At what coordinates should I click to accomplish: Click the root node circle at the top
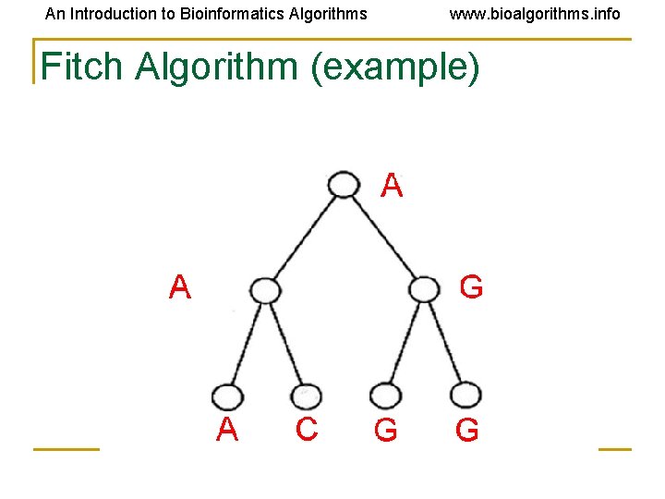pyautogui.click(x=344, y=185)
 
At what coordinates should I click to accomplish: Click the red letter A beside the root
pyautogui.click(x=393, y=186)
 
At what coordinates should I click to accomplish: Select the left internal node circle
pyautogui.click(x=265, y=291)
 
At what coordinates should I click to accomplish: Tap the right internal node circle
pyautogui.click(x=423, y=290)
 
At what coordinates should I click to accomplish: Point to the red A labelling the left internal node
pyautogui.click(x=180, y=288)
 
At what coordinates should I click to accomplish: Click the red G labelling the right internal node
pyautogui.click(x=471, y=288)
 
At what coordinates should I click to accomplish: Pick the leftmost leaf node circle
pyautogui.click(x=226, y=397)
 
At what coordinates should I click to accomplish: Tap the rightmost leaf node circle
pyautogui.click(x=465, y=396)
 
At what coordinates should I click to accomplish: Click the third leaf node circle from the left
pyautogui.click(x=385, y=396)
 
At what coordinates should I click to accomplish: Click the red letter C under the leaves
pyautogui.click(x=307, y=430)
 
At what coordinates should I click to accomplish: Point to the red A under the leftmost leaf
pyautogui.click(x=227, y=430)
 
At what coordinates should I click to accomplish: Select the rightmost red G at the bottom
pyautogui.click(x=467, y=431)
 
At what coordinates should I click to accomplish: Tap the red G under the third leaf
pyautogui.click(x=385, y=431)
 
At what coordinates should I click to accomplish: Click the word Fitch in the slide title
pyautogui.click(x=81, y=67)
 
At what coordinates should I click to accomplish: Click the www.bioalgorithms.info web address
pyautogui.click(x=535, y=14)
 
